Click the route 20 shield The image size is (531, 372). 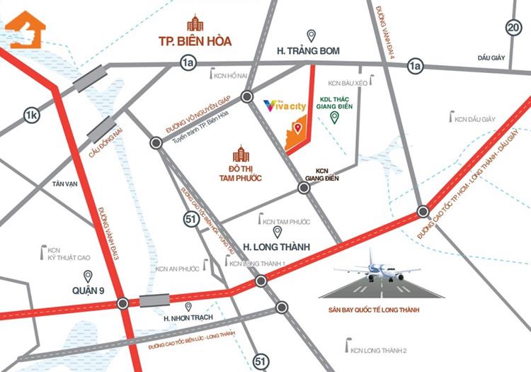pyautogui.click(x=513, y=28)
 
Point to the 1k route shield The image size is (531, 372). pyautogui.click(x=30, y=115)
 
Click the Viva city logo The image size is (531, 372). pyautogui.click(x=283, y=105)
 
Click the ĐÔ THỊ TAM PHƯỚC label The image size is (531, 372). pyautogui.click(x=238, y=172)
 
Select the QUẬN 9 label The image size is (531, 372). pyautogui.click(x=88, y=289)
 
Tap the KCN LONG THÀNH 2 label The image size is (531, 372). pyautogui.click(x=381, y=350)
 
